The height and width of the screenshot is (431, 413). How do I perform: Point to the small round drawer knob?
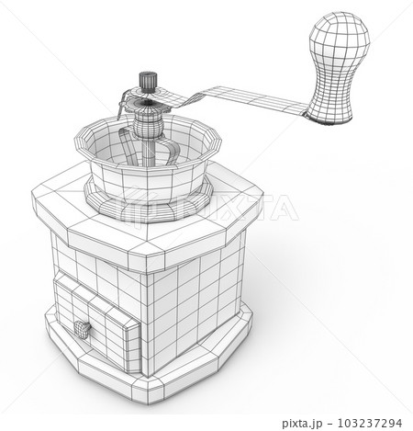82,326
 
